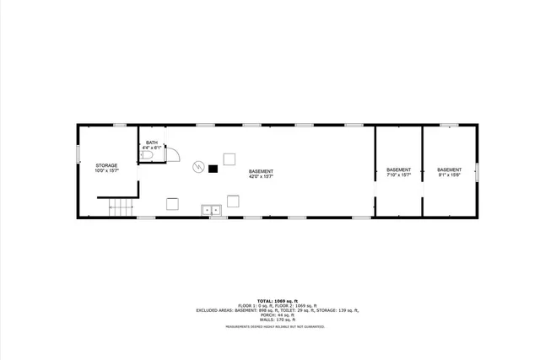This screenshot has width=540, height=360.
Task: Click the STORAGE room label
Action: [105, 165]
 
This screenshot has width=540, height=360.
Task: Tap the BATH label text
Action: [151, 142]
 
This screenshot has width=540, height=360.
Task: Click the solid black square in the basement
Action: [213, 169]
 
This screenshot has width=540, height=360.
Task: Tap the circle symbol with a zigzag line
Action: [198, 166]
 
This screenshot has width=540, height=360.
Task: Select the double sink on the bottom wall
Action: [211, 210]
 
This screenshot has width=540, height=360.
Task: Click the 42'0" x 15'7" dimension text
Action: [261, 177]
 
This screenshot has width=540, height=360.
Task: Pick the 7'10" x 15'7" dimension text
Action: [398, 175]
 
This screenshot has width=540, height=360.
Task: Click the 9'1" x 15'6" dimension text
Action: [449, 175]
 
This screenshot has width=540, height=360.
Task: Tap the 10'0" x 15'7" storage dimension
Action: [105, 171]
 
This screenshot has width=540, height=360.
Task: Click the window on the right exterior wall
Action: [477, 171]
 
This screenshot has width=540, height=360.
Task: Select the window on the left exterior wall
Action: [79, 153]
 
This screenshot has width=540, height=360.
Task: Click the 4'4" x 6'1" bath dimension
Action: [151, 148]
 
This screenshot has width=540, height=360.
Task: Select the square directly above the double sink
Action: [233, 201]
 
